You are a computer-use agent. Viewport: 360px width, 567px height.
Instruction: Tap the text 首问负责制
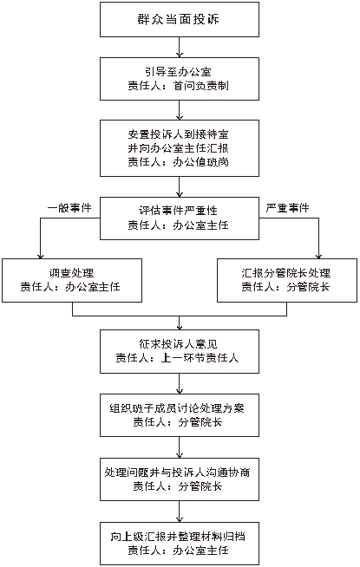click(x=201, y=86)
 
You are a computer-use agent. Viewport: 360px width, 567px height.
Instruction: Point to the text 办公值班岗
click(x=201, y=161)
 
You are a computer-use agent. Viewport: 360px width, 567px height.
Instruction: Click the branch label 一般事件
click(x=69, y=208)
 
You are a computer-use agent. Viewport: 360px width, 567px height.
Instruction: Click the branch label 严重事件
click(x=288, y=208)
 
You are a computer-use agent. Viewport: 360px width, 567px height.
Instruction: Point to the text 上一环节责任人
click(x=200, y=358)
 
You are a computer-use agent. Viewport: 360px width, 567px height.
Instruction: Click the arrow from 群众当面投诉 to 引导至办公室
click(x=180, y=47)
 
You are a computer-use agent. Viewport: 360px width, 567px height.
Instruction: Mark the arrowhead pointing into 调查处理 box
click(x=40, y=256)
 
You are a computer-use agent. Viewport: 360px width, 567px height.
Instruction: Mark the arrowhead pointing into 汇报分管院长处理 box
click(x=318, y=256)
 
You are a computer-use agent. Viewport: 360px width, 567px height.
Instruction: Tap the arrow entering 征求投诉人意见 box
click(x=180, y=323)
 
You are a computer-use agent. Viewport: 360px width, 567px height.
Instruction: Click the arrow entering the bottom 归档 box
click(x=180, y=512)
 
